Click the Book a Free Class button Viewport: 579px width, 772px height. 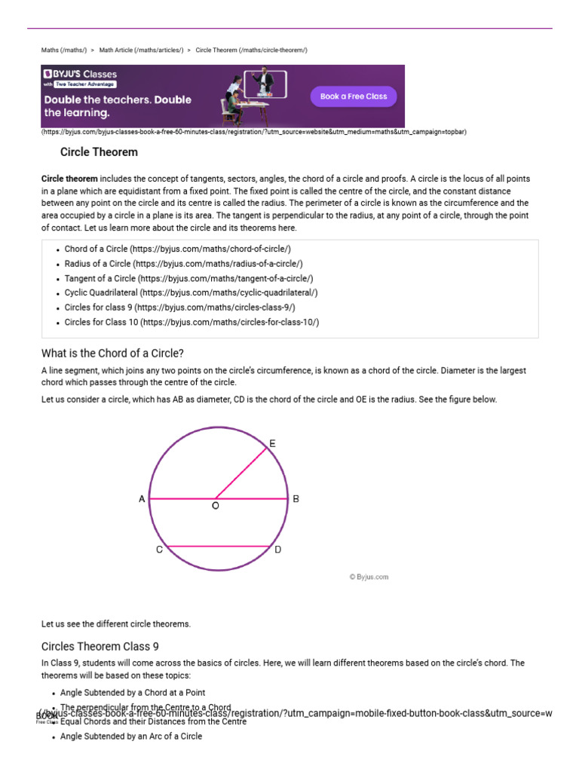[354, 96]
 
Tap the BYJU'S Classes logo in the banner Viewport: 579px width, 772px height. [80, 75]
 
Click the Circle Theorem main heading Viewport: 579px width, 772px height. [99, 152]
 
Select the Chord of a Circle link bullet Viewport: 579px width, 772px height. [177, 249]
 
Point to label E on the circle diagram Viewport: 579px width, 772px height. [272, 444]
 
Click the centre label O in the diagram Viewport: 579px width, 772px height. [216, 506]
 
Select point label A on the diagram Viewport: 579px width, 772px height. [142, 499]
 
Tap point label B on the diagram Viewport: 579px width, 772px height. [296, 499]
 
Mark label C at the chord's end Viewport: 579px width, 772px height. [159, 550]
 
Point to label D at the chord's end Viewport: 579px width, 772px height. [278, 550]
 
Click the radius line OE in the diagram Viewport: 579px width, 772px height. [243, 473]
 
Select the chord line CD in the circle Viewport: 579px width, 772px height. [218, 546]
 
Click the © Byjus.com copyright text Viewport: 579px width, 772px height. [369, 577]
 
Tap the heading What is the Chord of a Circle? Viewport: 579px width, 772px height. [112, 354]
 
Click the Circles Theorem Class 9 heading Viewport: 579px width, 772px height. [100, 646]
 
